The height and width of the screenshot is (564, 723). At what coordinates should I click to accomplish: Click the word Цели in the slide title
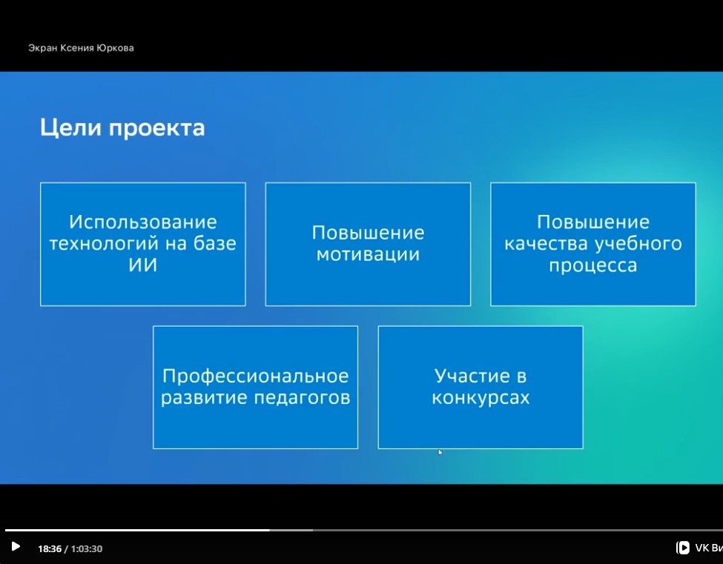(x=70, y=127)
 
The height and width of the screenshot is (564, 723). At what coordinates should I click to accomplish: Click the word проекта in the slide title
(x=156, y=128)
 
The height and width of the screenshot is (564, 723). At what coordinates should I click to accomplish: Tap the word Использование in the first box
(x=143, y=222)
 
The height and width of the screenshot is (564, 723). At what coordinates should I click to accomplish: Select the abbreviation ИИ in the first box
(x=143, y=265)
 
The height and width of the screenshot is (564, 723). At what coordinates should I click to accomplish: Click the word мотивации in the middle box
(x=368, y=254)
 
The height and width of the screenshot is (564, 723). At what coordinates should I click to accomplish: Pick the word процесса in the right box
(x=593, y=266)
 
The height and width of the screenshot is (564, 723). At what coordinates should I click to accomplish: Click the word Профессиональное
(x=255, y=376)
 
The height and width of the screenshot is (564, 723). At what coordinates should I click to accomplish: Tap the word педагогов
(x=303, y=398)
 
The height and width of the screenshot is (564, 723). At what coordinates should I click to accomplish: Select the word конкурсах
(x=481, y=398)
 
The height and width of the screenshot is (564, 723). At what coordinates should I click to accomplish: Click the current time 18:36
(x=50, y=548)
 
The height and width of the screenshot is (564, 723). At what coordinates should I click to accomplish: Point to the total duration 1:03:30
(x=86, y=548)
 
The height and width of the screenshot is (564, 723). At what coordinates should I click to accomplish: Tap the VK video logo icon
(x=682, y=548)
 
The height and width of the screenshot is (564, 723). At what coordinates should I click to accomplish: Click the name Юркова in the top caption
(x=115, y=48)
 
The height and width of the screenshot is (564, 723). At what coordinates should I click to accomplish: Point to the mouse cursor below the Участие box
(x=440, y=453)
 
